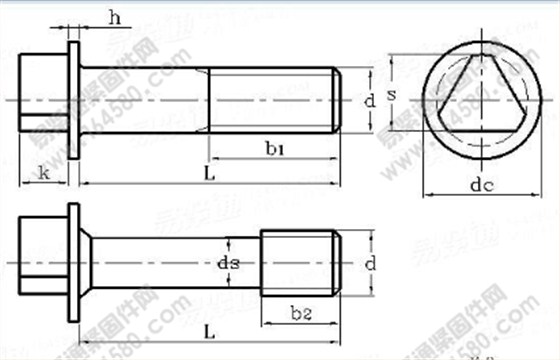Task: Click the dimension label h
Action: pyautogui.click(x=115, y=17)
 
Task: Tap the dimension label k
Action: pyautogui.click(x=43, y=171)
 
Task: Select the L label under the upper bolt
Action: pyautogui.click(x=206, y=172)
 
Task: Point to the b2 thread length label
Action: pyautogui.click(x=301, y=313)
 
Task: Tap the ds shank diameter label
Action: pyautogui.click(x=228, y=263)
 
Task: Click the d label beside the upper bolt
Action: pyautogui.click(x=369, y=101)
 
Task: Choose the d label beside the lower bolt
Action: pyautogui.click(x=369, y=264)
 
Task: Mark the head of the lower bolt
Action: pyautogui.click(x=45, y=262)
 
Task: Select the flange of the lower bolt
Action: pyautogui.click(x=74, y=262)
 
